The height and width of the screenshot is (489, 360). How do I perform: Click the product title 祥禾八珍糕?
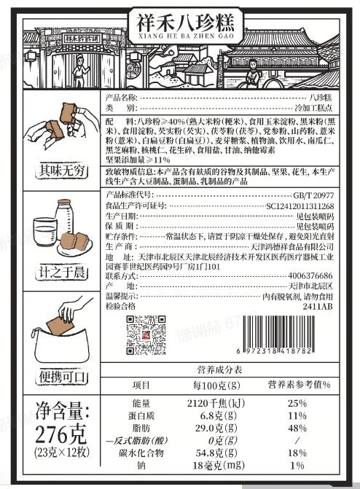coord(180,20)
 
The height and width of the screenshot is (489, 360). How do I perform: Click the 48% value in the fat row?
coord(297,429)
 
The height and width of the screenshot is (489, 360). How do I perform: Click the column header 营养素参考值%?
coord(299,385)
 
